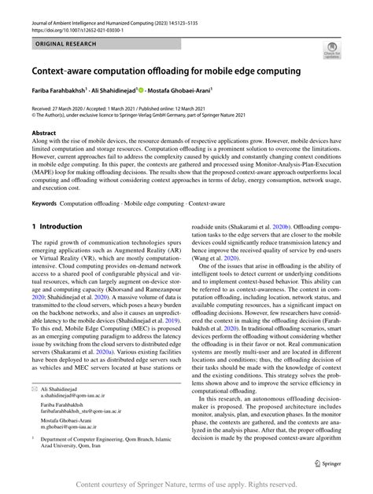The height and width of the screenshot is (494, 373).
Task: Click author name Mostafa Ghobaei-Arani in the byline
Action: click(187, 91)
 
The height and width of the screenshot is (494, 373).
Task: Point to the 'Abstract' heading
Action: click(43, 134)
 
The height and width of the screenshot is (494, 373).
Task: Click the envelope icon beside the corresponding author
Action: click(35, 411)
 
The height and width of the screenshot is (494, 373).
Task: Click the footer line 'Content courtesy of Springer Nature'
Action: click(186, 485)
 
